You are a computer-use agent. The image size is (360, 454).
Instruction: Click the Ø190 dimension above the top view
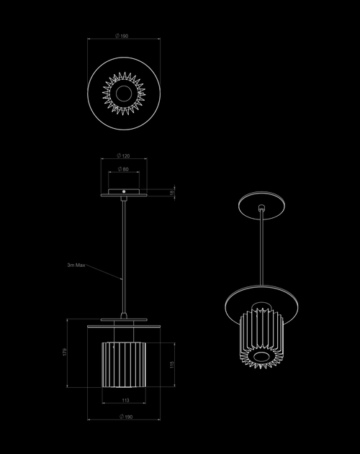(x=122, y=36)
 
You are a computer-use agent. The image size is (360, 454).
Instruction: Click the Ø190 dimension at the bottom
(x=126, y=417)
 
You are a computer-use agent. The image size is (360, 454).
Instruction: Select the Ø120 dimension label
(x=123, y=156)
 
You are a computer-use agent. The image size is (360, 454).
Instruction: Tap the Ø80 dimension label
(x=123, y=169)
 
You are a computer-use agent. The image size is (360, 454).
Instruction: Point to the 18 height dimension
(x=172, y=192)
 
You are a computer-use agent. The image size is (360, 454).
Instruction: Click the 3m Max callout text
(x=76, y=265)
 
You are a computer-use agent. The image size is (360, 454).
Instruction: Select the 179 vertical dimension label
(x=65, y=352)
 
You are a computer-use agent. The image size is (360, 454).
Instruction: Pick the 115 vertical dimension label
(x=172, y=365)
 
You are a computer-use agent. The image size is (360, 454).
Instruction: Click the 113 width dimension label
(x=125, y=401)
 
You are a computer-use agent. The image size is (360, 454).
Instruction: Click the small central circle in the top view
(x=124, y=94)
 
